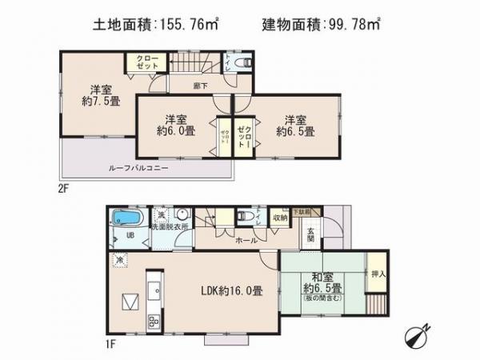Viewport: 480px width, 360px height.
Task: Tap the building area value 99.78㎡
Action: coord(353,24)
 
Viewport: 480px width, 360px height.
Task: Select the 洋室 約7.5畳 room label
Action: coord(100,95)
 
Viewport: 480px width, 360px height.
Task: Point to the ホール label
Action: coord(246,239)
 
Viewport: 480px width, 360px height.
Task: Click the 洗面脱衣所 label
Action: coord(171,227)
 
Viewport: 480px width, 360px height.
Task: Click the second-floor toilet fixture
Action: coord(246,62)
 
